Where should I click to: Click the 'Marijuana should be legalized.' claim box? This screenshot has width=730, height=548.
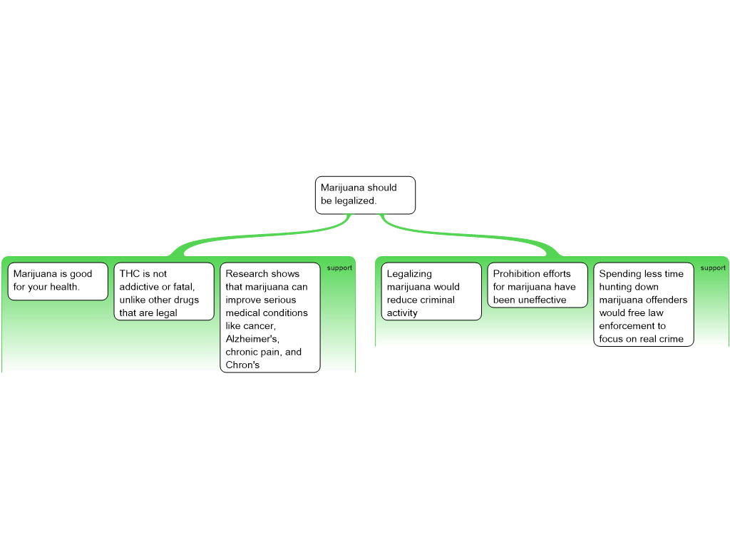tap(365, 195)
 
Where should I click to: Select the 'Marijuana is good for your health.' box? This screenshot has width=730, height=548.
tap(58, 281)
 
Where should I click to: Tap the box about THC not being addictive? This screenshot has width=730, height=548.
tap(164, 292)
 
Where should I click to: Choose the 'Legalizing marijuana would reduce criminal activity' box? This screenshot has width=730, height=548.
tap(431, 292)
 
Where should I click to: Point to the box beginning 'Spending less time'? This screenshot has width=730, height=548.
tap(644, 305)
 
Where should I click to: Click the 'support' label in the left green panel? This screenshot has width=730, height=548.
tap(339, 268)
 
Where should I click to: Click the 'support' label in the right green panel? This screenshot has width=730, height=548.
tap(713, 268)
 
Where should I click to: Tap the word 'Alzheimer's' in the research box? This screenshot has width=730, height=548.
tap(252, 339)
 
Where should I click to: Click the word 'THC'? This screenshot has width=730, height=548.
tap(130, 274)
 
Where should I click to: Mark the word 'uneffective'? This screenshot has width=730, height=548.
tap(540, 300)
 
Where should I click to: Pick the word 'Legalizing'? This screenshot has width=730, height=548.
tap(409, 274)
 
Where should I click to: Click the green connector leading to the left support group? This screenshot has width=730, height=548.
tap(257, 235)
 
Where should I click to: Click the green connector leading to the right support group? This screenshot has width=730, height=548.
tap(471, 235)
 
